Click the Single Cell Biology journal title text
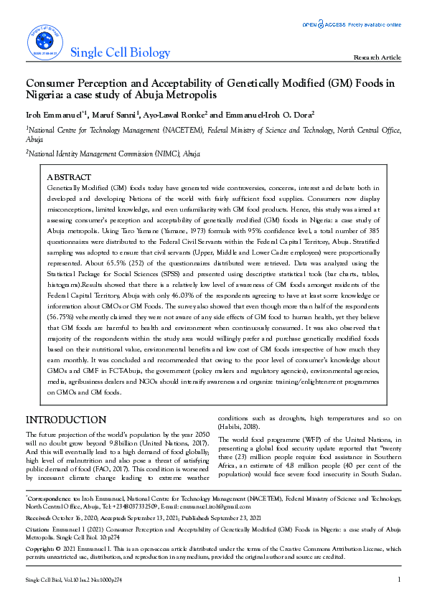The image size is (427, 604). click(x=121, y=52)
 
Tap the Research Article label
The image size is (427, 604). click(x=377, y=57)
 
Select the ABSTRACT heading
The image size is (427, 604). click(x=68, y=177)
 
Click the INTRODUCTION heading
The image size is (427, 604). click(x=66, y=420)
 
